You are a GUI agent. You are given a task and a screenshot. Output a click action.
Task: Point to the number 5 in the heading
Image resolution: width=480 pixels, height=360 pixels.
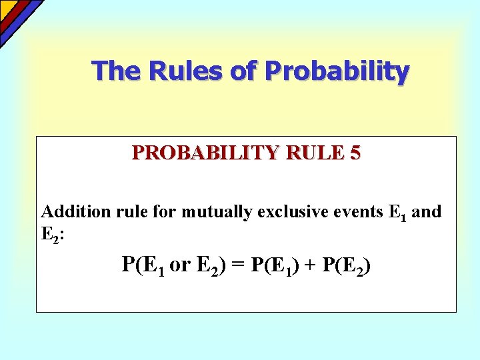355,153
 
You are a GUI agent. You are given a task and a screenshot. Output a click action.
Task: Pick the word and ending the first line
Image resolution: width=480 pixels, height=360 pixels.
427,212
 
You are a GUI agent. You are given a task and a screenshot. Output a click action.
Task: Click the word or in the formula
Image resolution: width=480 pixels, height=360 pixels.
180,265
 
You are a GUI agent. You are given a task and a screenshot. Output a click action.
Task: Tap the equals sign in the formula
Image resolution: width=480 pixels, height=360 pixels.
240,265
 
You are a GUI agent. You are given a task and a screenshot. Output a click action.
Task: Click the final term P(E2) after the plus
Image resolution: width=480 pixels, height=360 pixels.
345,265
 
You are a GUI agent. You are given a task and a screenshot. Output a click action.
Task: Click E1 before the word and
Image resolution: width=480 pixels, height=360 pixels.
396,213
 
